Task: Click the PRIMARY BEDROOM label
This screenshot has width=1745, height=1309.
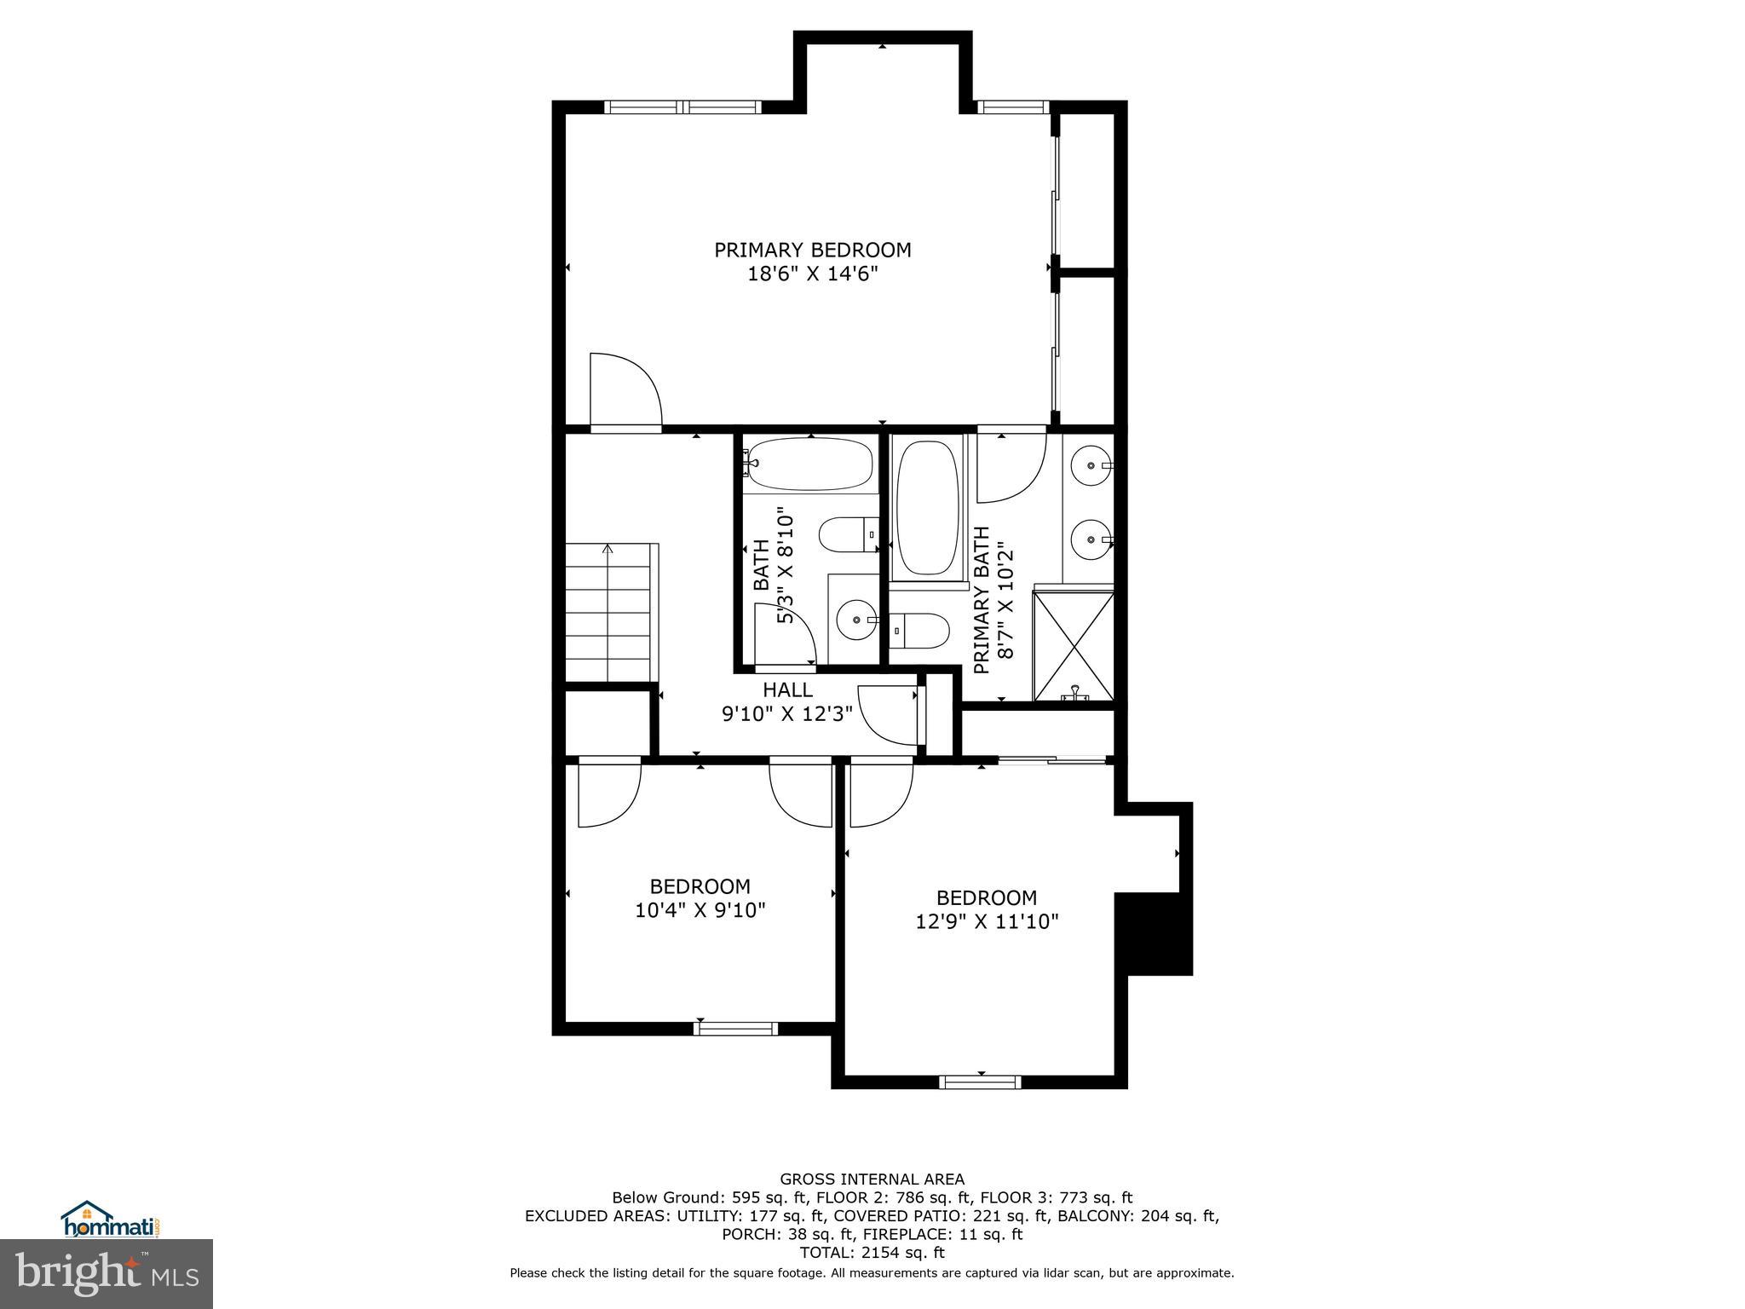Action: (x=812, y=250)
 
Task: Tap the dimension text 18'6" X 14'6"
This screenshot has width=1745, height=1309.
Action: (x=812, y=274)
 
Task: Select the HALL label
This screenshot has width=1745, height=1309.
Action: (x=787, y=689)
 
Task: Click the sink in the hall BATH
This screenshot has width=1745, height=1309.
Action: (x=854, y=621)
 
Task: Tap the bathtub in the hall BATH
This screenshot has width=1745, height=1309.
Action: (x=810, y=464)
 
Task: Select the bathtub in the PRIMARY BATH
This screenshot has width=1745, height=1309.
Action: (x=929, y=508)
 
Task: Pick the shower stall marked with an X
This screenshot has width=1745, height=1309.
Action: (x=1074, y=646)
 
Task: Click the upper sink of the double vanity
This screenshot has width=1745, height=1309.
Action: (x=1090, y=466)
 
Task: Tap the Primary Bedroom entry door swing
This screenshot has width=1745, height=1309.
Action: (x=624, y=392)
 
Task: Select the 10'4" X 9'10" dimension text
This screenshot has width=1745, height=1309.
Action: (x=700, y=910)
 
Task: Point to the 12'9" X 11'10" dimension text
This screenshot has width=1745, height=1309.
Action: (x=987, y=921)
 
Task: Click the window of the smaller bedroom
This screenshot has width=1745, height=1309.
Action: (x=735, y=1029)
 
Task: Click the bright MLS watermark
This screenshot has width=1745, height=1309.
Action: (x=107, y=1273)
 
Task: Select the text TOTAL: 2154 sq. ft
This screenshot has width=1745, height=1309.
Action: (x=872, y=1253)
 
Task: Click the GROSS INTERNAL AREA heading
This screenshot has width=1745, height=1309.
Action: (x=872, y=1179)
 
